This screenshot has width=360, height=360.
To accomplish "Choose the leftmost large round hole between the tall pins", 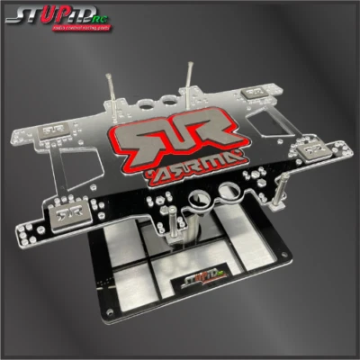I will point(149,99).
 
